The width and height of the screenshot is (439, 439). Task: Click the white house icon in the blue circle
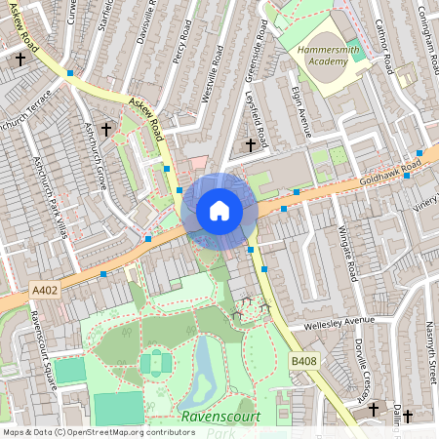pyautogui.click(x=219, y=211)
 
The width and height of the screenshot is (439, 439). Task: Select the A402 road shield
pyautogui.click(x=45, y=290)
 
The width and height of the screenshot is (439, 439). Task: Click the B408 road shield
pyautogui.click(x=303, y=362)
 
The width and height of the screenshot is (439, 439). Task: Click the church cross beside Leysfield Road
pyautogui.click(x=251, y=145)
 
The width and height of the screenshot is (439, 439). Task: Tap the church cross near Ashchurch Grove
pyautogui.click(x=107, y=128)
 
